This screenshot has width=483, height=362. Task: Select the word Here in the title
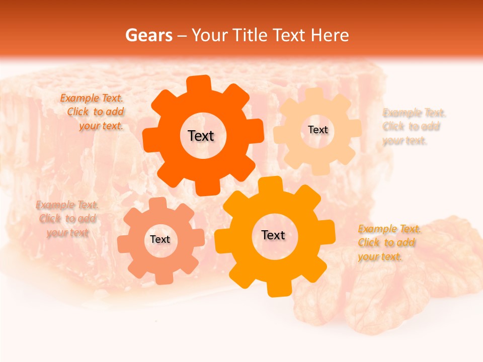[330, 35]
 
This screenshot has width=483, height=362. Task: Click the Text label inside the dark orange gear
[201, 136]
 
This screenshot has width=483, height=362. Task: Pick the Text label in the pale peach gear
[317, 130]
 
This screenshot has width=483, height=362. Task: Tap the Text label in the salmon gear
[160, 239]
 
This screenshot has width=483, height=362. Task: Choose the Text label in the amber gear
[273, 235]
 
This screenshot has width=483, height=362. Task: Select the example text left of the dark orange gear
[93, 112]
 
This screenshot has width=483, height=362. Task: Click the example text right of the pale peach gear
[413, 126]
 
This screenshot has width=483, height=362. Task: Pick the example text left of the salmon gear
[67, 219]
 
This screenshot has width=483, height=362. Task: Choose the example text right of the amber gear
[388, 243]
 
